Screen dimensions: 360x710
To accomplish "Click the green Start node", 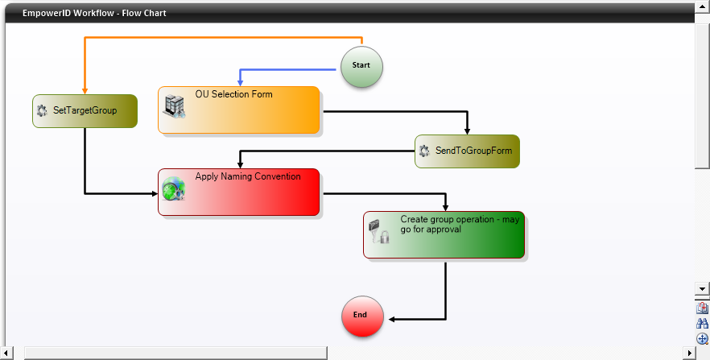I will point(361,65).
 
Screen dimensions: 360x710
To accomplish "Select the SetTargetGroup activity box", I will point(85,111).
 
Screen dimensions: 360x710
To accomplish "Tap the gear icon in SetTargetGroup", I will point(43,111).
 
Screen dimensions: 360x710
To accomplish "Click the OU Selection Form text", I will point(233,94).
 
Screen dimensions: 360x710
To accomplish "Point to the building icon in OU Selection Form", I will point(175,106).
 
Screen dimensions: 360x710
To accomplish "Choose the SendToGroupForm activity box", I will point(467,151).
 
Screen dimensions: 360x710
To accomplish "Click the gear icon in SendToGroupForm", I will point(424,151).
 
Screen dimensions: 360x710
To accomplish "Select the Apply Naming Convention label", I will point(248,176).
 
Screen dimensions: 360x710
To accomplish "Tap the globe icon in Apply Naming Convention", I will point(174,189).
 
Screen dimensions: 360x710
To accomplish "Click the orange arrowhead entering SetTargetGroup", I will point(85,90).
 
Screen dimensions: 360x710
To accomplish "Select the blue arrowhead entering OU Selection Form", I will point(240,82).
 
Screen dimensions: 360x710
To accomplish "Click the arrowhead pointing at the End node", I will point(390,319).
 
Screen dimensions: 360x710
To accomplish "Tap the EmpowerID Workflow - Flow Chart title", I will point(94,14).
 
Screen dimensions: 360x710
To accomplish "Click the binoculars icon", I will point(703,323).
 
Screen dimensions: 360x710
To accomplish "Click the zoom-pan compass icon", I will point(703,338).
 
